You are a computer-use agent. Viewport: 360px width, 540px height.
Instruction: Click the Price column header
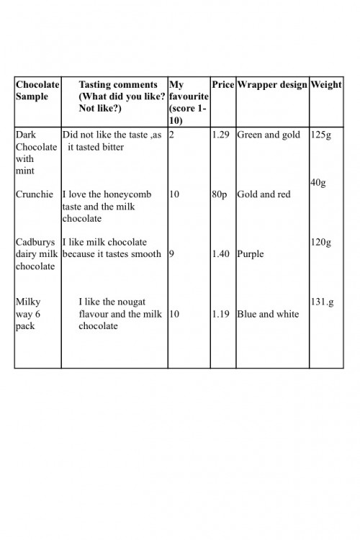tap(223, 85)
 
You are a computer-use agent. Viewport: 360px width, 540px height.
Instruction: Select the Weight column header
tap(325, 85)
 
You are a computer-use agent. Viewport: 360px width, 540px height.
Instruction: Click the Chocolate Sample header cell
tap(37, 90)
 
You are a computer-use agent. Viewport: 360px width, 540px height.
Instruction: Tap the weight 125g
tap(320, 135)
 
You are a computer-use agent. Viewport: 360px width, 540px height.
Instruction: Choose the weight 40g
tap(318, 183)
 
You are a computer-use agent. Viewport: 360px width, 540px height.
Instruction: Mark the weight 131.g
tap(322, 302)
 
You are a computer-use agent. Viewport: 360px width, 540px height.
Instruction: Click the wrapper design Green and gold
tap(269, 135)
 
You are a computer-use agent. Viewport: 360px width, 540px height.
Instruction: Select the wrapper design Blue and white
tap(267, 314)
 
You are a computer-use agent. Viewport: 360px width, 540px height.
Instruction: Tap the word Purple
tap(251, 254)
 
